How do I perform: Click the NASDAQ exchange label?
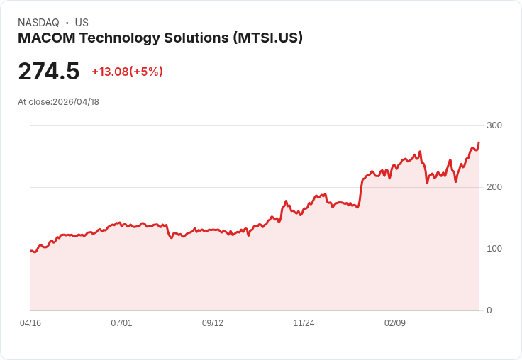[38, 23]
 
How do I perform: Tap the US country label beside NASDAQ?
[82, 23]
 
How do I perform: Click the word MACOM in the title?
[45, 38]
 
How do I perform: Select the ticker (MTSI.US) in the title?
[267, 38]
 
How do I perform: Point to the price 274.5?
[49, 72]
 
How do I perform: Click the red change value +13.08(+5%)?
[127, 72]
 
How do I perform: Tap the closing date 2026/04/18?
[76, 102]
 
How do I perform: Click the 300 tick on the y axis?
[494, 125]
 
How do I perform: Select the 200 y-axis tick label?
[494, 187]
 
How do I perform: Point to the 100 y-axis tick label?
[494, 249]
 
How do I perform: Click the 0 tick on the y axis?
[489, 310]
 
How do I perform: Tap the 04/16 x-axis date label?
[30, 323]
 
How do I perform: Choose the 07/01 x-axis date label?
[121, 323]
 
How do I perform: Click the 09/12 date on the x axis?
[213, 323]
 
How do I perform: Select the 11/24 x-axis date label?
[304, 323]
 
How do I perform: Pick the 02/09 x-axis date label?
[395, 323]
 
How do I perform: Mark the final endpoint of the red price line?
[479, 143]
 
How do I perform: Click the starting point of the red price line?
[31, 251]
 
